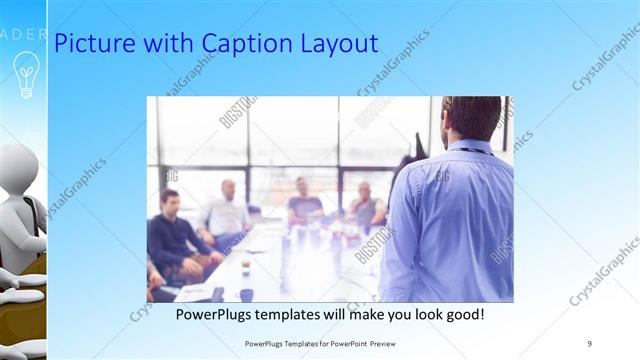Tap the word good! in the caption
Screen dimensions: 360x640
point(463,314)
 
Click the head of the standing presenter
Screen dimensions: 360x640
point(472,118)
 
